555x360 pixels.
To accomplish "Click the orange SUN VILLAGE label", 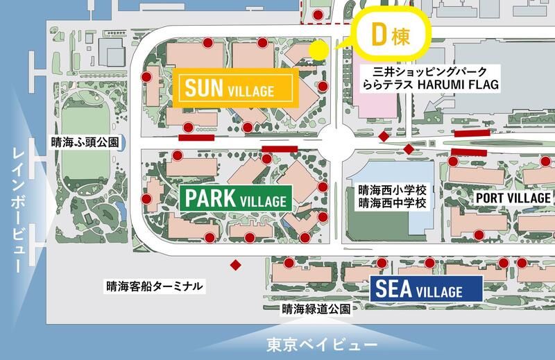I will (x=235, y=88).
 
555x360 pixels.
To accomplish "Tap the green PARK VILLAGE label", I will (x=235, y=199).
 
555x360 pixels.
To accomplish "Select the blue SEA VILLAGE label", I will (x=426, y=288).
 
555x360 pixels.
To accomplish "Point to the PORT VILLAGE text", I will (x=513, y=198).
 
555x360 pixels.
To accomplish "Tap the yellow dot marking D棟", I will (x=318, y=50).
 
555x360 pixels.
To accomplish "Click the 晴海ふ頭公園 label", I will (x=85, y=142).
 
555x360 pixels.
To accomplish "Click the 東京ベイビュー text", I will (x=323, y=344).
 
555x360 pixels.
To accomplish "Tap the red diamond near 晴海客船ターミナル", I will (x=236, y=265).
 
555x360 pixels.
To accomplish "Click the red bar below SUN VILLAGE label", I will (x=196, y=137).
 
